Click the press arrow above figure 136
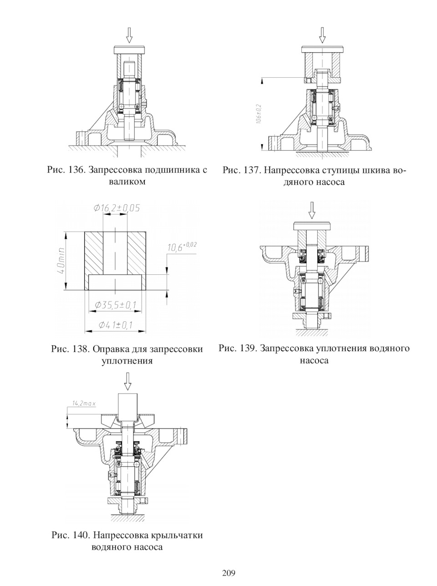tap(129, 35)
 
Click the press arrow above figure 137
tap(322, 35)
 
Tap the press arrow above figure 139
tap(312, 210)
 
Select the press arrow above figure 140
tap(127, 381)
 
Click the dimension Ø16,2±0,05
tap(117, 208)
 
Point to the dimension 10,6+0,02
tap(182, 247)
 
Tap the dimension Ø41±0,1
tap(116, 325)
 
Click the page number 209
tap(229, 572)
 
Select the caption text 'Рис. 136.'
tap(66, 171)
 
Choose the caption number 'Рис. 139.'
tap(238, 349)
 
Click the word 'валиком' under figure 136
tap(127, 182)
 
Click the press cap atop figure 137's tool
tap(322, 49)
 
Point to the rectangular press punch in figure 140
tap(128, 404)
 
